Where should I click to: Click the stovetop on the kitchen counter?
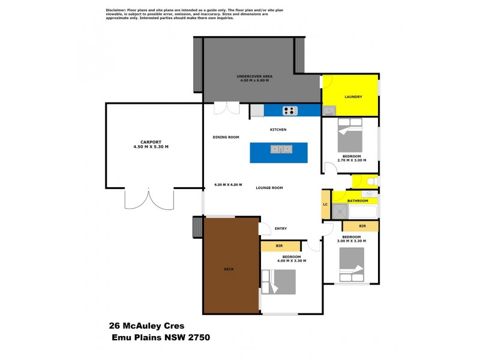[x=290, y=110]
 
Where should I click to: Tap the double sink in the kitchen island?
[x=280, y=149]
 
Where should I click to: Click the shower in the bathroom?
[x=340, y=211]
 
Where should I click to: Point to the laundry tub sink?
[x=329, y=110]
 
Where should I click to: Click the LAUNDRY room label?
[x=353, y=97]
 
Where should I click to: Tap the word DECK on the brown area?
[x=229, y=269]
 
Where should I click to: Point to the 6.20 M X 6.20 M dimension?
[x=228, y=184]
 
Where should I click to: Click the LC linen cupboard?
[x=325, y=204]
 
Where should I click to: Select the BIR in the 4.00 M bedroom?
[x=280, y=246]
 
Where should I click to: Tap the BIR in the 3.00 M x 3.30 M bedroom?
[x=361, y=226]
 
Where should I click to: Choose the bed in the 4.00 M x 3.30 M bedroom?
[x=280, y=281]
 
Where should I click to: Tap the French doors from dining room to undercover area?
[x=227, y=109]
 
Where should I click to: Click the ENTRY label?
[x=281, y=228]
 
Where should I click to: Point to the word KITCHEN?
[x=278, y=130]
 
